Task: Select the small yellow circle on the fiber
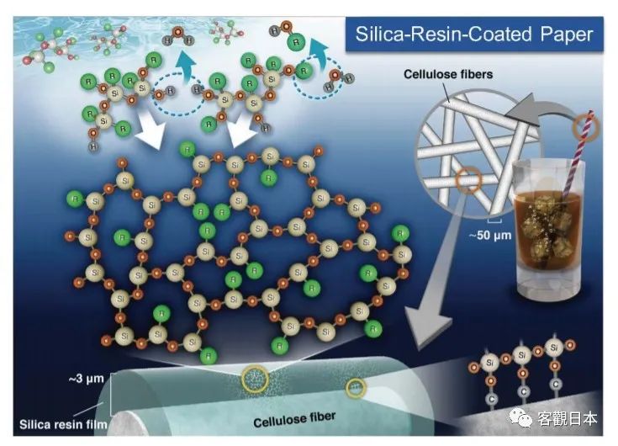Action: pyautogui.click(x=357, y=387)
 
